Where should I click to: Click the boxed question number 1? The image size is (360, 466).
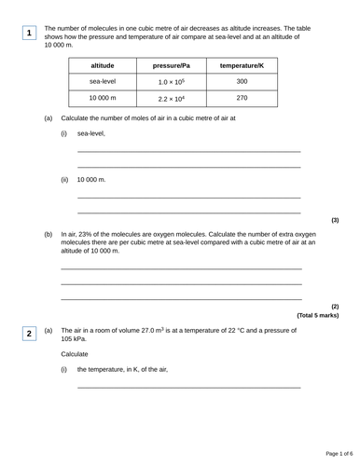point(29,34)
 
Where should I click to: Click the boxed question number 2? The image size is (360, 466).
point(29,334)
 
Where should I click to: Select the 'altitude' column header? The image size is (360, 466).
point(103,66)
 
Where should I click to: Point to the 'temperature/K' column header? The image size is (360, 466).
point(242,66)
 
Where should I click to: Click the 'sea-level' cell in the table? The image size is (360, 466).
point(103,82)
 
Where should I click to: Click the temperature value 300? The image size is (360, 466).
point(242,82)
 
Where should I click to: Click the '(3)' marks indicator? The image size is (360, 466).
point(335,220)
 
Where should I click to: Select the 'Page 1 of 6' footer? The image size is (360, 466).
point(331,453)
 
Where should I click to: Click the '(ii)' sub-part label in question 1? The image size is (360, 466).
point(64,179)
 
